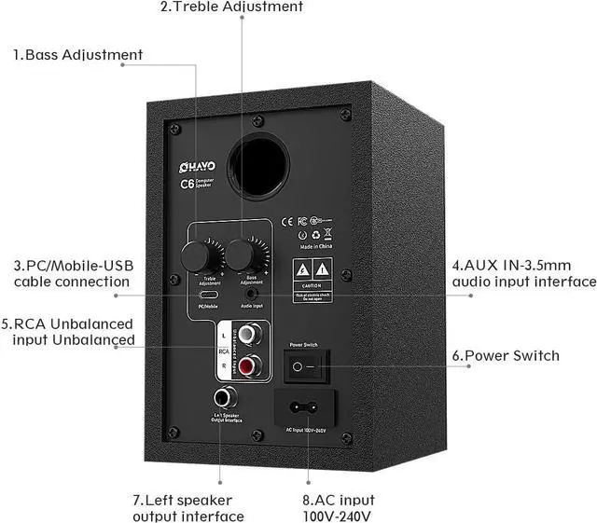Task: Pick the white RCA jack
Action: click(x=248, y=333)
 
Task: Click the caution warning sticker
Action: click(x=314, y=276)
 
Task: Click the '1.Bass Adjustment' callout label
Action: click(x=78, y=54)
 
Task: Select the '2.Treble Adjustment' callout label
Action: click(x=232, y=7)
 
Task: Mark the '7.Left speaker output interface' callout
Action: click(x=187, y=508)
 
